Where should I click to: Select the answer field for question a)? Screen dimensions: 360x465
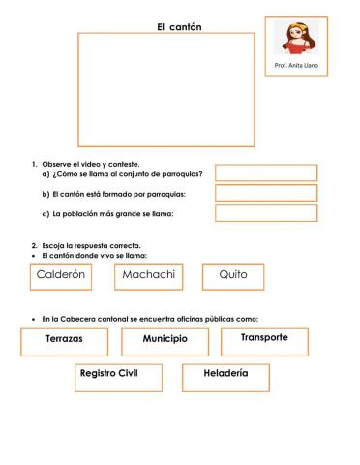(265, 172)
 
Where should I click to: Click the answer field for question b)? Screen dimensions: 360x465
(265, 193)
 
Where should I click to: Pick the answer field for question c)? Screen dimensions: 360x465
(265, 213)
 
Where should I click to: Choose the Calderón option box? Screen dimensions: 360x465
(62, 276)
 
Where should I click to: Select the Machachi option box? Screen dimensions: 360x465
(149, 276)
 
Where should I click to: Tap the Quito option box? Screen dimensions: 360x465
(233, 276)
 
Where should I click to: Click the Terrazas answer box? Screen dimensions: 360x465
(64, 342)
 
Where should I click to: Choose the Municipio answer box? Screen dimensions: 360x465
(165, 342)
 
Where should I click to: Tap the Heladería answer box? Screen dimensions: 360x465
(225, 377)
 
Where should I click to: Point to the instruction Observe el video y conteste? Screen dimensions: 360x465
(93, 164)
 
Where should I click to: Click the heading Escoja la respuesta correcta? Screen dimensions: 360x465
(90, 245)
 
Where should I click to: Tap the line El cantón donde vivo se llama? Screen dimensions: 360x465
(93, 254)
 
